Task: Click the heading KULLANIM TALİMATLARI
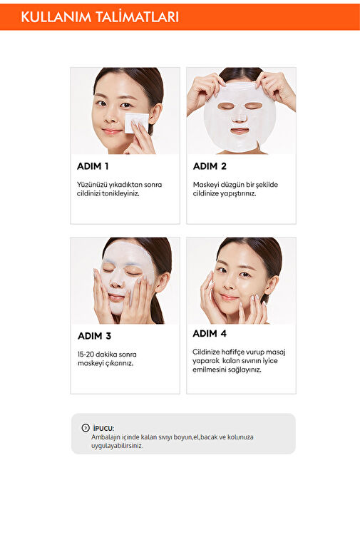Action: [100, 17]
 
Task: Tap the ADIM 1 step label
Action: [93, 166]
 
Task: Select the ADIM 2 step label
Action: [210, 166]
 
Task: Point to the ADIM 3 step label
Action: [94, 336]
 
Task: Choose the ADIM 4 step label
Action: [210, 334]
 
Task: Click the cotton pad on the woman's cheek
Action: [136, 122]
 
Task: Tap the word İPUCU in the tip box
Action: [103, 429]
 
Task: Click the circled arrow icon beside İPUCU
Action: [86, 428]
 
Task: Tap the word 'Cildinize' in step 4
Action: [206, 352]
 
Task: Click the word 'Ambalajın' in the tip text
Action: [105, 437]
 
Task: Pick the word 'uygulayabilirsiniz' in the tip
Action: [117, 446]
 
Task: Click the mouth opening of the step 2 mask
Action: [240, 131]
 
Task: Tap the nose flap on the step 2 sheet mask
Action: [240, 118]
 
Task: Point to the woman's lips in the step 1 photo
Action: [112, 131]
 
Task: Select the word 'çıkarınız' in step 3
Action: [120, 363]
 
